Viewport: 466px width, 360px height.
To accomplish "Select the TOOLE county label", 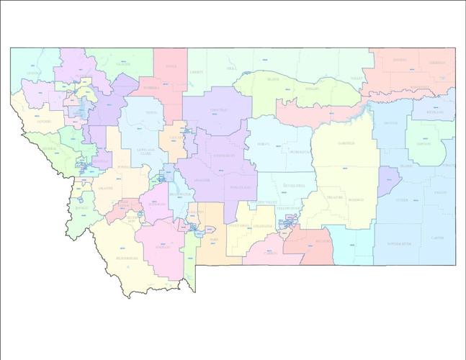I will click(x=170, y=67).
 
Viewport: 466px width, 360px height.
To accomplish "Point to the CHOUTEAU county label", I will click(x=219, y=110).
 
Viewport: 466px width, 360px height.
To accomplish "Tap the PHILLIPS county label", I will click(x=312, y=89).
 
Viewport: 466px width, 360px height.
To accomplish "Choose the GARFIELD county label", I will click(x=346, y=143).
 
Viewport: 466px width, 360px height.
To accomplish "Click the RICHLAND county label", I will click(x=435, y=112).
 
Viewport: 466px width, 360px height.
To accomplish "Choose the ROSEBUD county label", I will click(x=356, y=199).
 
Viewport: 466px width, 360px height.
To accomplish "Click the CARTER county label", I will click(x=437, y=238).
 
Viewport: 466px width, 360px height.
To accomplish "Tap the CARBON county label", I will click(x=271, y=253).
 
